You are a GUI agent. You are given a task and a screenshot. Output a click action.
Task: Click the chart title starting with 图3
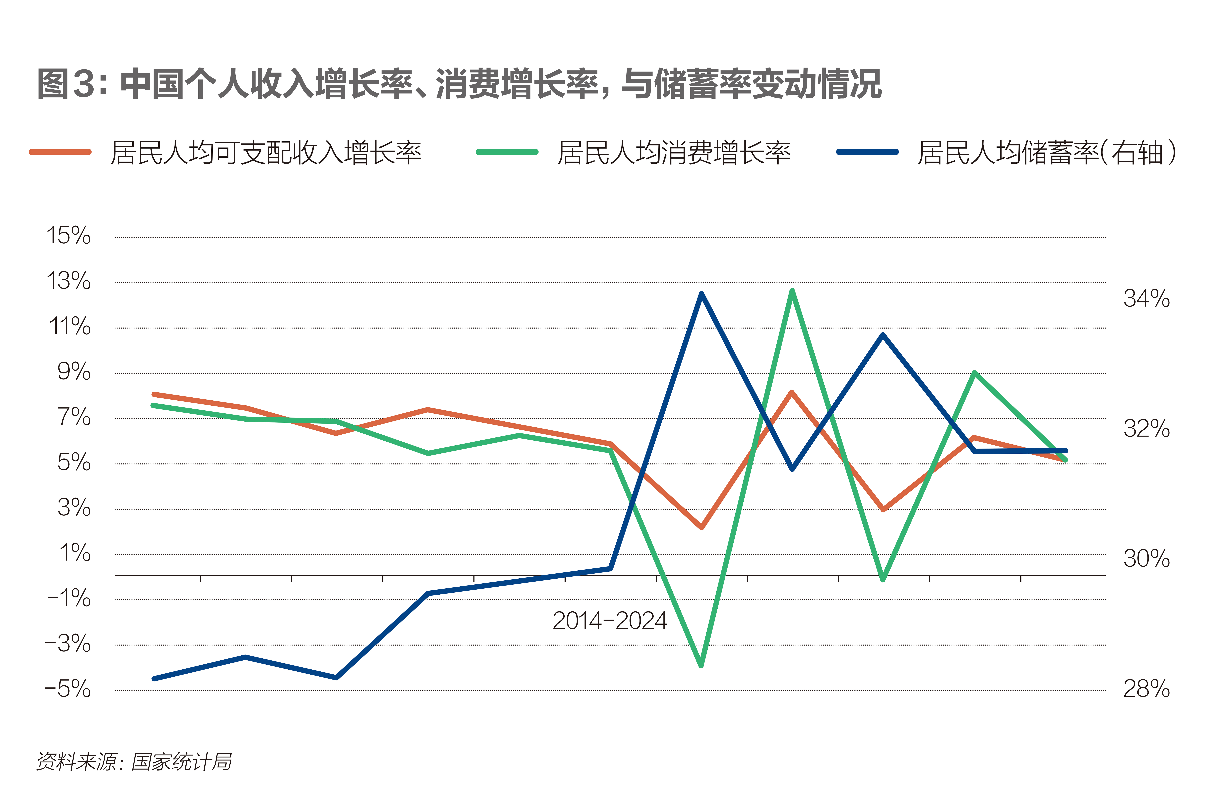point(459,84)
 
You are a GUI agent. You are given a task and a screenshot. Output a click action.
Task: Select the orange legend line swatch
point(61,152)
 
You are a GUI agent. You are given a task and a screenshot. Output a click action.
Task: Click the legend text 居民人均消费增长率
point(674,153)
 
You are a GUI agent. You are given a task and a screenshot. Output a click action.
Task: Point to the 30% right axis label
point(1146,558)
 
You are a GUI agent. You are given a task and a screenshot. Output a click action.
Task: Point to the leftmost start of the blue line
point(154,679)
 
